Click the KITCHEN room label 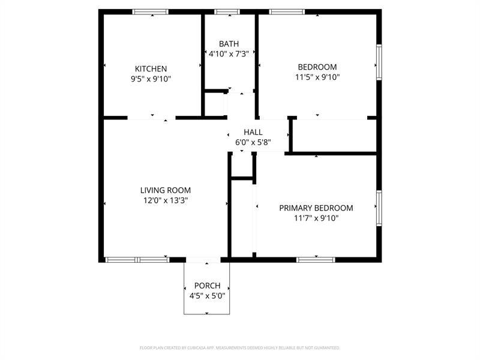[x=151, y=68]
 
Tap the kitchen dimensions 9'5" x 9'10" [x=151, y=79]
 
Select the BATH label [x=229, y=44]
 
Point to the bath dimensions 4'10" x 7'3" [x=229, y=54]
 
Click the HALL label [x=253, y=132]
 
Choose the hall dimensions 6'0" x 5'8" [x=253, y=142]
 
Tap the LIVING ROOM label [x=166, y=190]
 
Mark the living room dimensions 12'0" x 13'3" [x=166, y=200]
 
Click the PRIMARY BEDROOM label [x=316, y=208]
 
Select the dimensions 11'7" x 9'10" [x=316, y=218]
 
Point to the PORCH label [x=207, y=286]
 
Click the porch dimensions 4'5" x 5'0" [x=207, y=296]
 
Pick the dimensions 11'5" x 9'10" [x=317, y=77]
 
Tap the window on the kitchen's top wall [x=151, y=11]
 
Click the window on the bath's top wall [x=227, y=11]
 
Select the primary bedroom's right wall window [x=379, y=208]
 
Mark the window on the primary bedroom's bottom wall [x=316, y=260]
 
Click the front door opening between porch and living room [x=203, y=260]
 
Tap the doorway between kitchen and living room [x=151, y=118]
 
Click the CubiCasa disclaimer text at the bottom [x=240, y=347]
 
